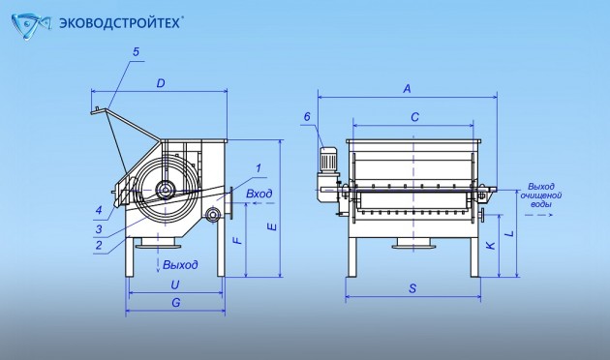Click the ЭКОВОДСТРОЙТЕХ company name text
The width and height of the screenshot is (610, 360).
pos(120,23)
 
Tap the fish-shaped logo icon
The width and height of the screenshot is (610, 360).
pos(31,26)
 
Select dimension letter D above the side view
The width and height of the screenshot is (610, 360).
pos(161,83)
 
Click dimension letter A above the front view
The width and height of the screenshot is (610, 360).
pos(407,89)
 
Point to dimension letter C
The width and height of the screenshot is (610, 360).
pos(415,117)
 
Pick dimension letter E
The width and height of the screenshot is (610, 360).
pos(273,226)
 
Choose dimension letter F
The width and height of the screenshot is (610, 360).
pos(237,239)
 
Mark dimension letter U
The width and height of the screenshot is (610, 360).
pos(175,285)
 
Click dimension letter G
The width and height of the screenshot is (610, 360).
pos(176,303)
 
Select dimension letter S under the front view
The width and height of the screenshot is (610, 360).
pos(412,288)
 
